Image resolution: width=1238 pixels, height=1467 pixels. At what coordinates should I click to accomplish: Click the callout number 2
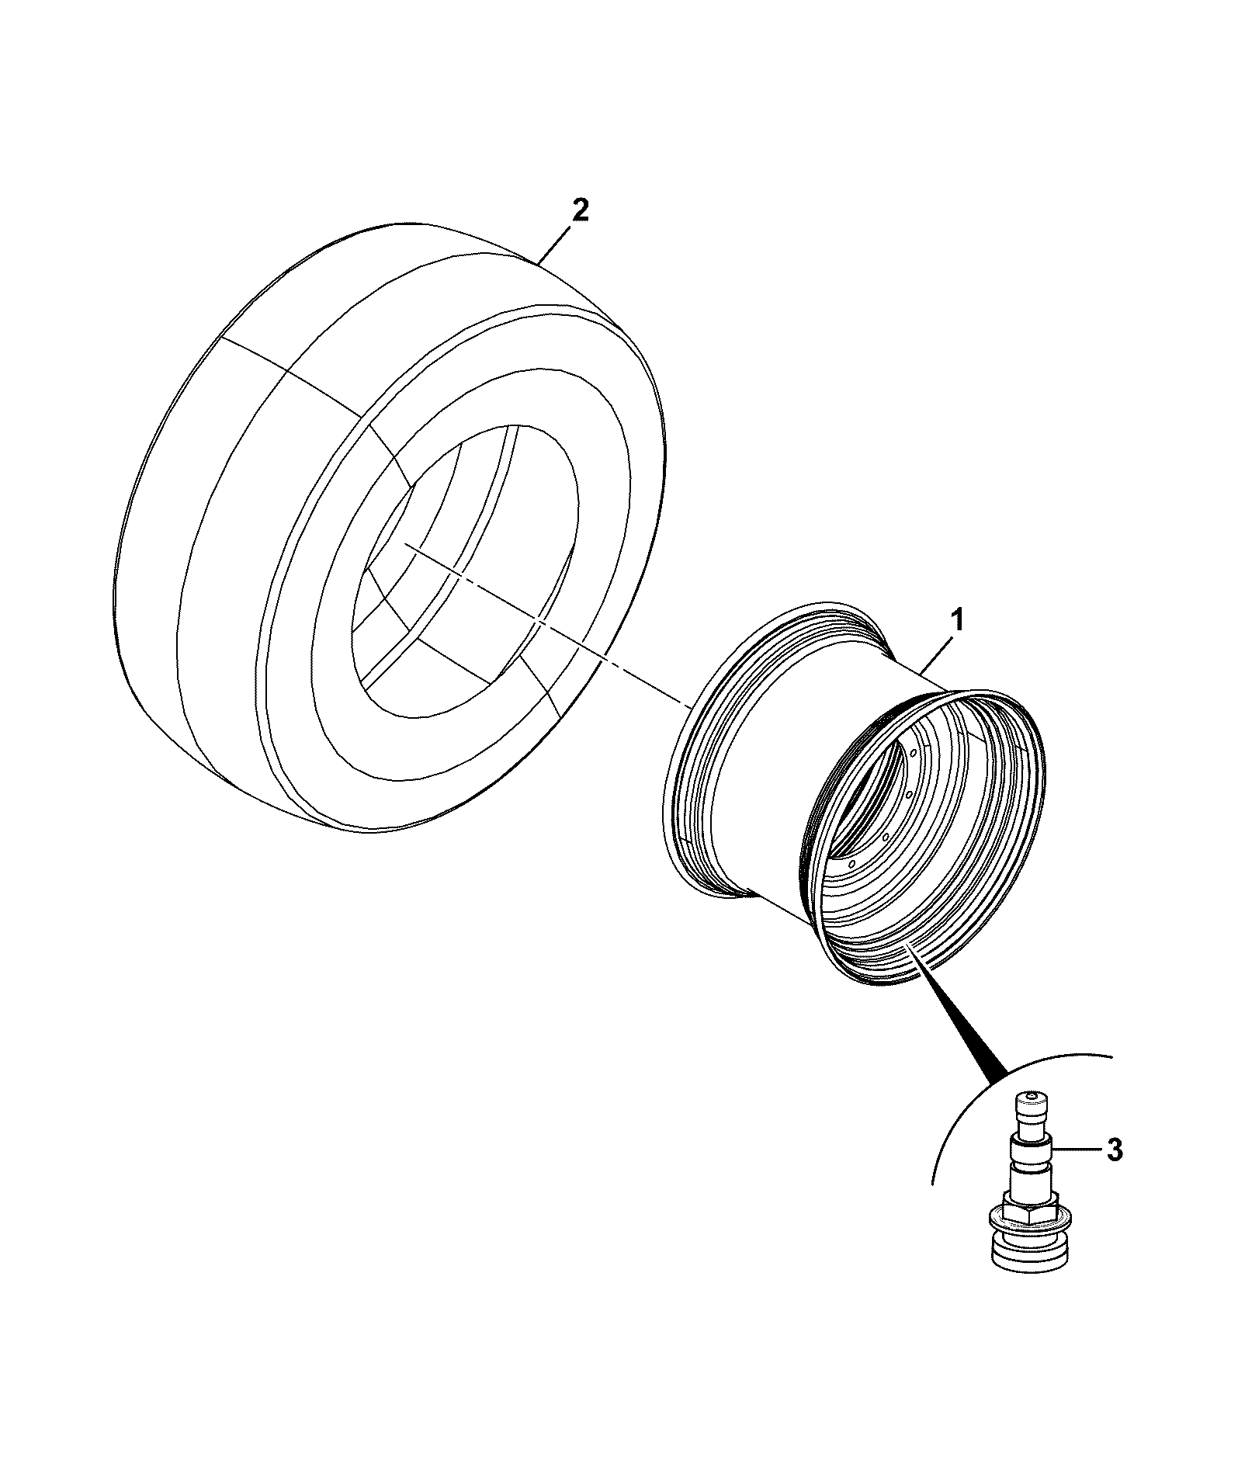[x=580, y=211]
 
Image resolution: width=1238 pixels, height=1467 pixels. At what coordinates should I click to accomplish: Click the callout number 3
[x=1115, y=1150]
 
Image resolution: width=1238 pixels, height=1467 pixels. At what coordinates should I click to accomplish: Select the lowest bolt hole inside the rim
[x=851, y=863]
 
